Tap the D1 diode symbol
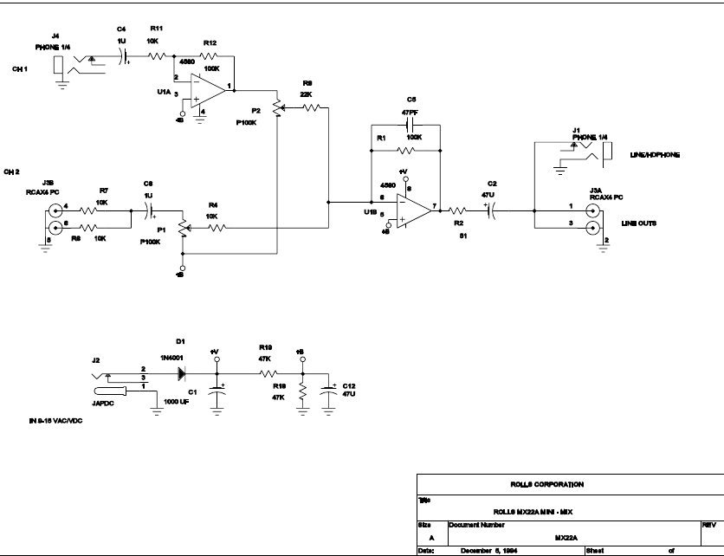coord(182,373)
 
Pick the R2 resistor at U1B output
coord(460,209)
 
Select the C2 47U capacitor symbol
coord(491,209)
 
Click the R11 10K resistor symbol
coord(156,56)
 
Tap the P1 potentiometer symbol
coord(182,228)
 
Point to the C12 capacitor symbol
coord(327,391)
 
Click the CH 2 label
coord(12,171)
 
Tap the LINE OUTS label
coord(638,223)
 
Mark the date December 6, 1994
coord(489,550)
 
